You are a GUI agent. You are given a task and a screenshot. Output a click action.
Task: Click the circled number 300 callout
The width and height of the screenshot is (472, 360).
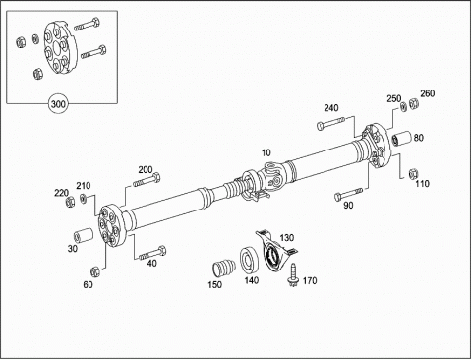coord(58,104)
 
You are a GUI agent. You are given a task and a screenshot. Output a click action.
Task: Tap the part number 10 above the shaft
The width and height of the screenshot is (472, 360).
coord(266,152)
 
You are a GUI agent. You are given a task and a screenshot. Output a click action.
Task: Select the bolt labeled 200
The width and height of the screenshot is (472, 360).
coord(147,180)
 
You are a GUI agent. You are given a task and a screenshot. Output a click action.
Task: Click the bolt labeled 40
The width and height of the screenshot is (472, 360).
coord(152,253)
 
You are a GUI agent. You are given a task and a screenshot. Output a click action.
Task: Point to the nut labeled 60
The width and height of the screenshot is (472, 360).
coord(94,271)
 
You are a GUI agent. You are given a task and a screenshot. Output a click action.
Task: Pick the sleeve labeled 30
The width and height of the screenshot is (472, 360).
coord(84,235)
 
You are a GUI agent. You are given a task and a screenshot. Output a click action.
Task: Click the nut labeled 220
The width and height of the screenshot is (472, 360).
coord(70,202)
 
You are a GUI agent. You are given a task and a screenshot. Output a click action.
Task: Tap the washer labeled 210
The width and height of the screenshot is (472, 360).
coord(84,198)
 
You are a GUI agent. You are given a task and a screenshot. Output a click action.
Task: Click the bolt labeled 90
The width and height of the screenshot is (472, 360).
coord(348,194)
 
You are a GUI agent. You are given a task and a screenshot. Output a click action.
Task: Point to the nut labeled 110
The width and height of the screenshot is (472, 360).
coord(413,173)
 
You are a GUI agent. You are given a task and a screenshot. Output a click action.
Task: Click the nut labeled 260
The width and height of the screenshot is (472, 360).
coord(414,104)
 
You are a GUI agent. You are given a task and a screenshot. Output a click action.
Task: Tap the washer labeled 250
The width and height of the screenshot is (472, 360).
coord(404,107)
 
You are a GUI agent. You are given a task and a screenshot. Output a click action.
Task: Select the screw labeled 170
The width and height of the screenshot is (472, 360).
coord(292,274)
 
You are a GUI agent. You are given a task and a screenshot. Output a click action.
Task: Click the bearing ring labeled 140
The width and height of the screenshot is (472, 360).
coord(248,261)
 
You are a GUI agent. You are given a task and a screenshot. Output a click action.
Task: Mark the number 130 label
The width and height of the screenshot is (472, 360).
coord(287,237)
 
